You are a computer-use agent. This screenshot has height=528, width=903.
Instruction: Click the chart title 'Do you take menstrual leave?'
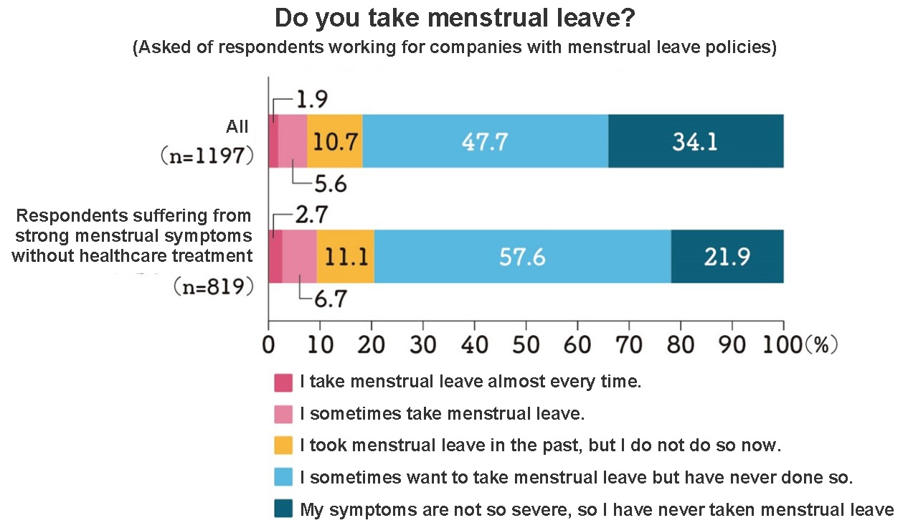pyautogui.click(x=455, y=19)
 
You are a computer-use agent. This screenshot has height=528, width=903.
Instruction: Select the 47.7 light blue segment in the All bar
pyautogui.click(x=485, y=141)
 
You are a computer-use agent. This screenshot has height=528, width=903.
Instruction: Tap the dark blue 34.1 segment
pyautogui.click(x=695, y=141)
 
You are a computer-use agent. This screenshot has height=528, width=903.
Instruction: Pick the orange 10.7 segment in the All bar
pyautogui.click(x=335, y=141)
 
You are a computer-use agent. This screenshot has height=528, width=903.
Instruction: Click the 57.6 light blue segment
pyautogui.click(x=522, y=257)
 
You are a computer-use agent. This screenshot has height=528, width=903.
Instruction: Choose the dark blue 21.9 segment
pyautogui.click(x=727, y=257)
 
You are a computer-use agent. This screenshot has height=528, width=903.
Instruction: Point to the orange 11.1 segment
pyautogui.click(x=345, y=257)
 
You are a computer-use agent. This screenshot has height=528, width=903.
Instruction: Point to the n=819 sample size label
pyautogui.click(x=213, y=287)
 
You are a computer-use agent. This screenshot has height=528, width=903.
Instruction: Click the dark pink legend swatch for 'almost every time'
pyautogui.click(x=283, y=382)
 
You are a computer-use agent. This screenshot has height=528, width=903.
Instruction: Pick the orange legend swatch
pyautogui.click(x=283, y=445)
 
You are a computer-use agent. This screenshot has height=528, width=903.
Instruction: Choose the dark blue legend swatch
pyautogui.click(x=283, y=509)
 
